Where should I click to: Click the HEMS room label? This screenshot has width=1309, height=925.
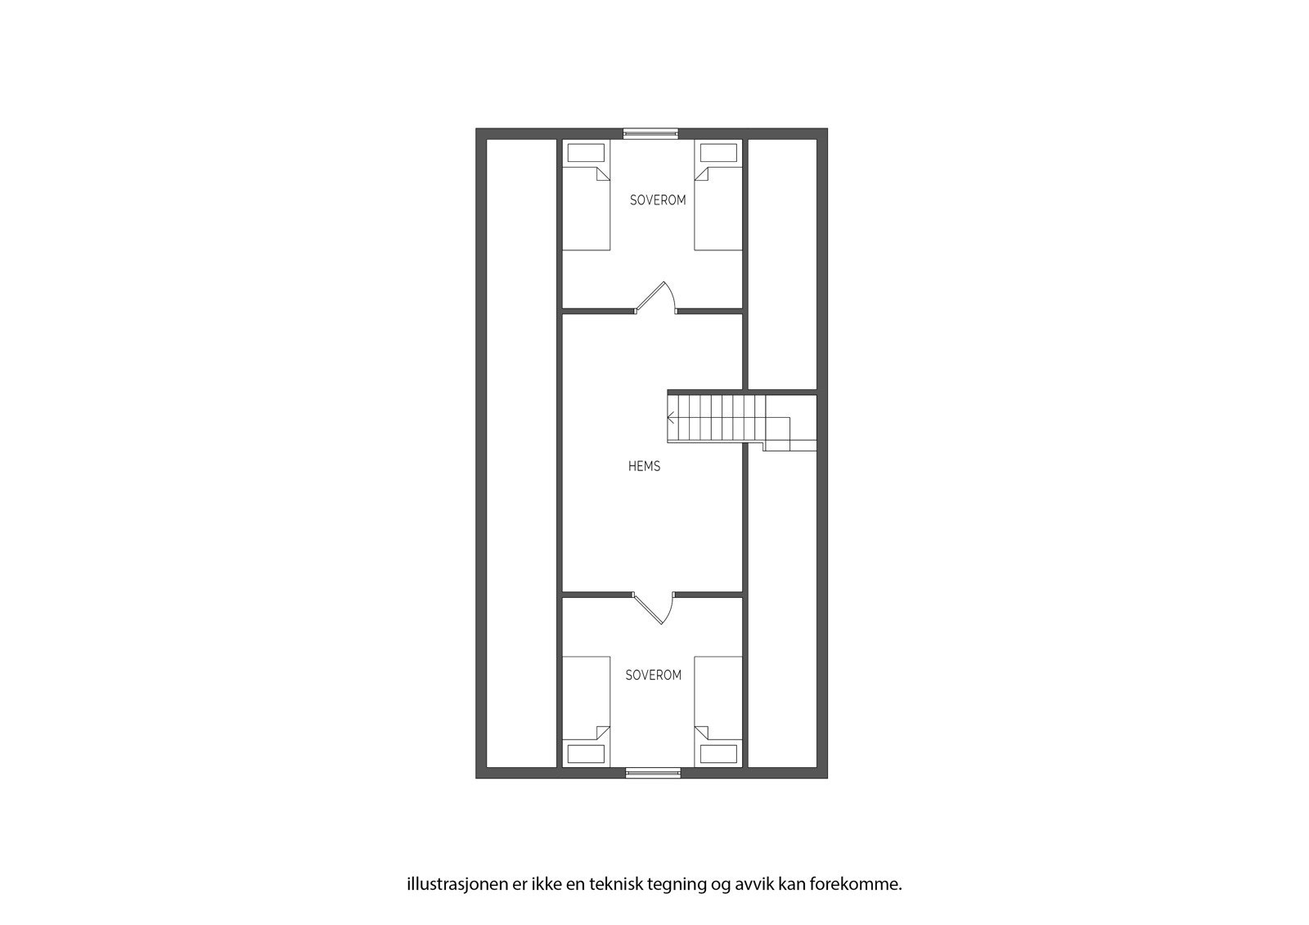(x=644, y=466)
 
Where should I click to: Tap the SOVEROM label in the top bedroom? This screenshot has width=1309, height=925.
(x=658, y=200)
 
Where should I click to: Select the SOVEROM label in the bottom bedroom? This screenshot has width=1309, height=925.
(x=653, y=676)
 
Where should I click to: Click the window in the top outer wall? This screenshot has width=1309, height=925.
(x=651, y=133)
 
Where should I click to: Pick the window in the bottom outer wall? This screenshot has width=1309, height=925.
(x=653, y=772)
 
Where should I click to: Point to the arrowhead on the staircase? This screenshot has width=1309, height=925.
(x=671, y=418)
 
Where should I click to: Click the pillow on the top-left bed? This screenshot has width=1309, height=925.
(x=587, y=153)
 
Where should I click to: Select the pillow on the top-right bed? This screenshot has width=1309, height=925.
(x=719, y=153)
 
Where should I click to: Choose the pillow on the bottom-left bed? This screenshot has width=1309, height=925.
(x=587, y=753)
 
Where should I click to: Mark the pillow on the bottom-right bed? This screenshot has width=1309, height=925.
(x=719, y=753)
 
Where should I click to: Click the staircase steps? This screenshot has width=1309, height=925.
(x=716, y=418)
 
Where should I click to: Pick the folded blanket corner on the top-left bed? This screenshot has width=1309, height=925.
(x=602, y=173)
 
